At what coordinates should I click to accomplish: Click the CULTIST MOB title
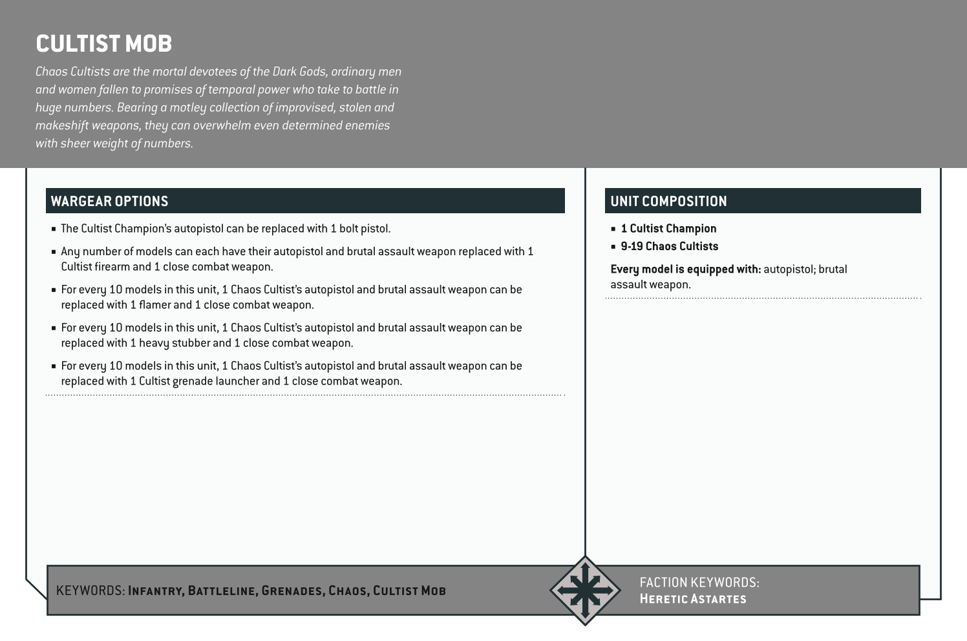(103, 44)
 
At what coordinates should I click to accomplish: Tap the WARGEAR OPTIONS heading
(109, 201)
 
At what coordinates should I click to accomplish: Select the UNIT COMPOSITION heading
(668, 201)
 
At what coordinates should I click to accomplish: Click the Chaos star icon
(585, 590)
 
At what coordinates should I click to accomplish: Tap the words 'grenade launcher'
(215, 381)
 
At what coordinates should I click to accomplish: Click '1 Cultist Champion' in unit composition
(668, 229)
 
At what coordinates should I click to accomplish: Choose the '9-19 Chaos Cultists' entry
(669, 246)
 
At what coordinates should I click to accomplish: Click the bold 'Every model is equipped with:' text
(685, 269)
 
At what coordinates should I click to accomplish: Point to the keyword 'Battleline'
(222, 591)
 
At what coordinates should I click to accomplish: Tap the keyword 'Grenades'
(292, 591)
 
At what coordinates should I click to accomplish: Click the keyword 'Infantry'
(156, 591)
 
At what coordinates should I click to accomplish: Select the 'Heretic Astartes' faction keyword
(692, 599)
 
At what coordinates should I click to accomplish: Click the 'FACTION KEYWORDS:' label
(699, 582)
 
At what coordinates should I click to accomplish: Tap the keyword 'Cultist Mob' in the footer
(409, 591)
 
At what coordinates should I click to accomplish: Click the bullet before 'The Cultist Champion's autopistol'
(54, 229)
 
